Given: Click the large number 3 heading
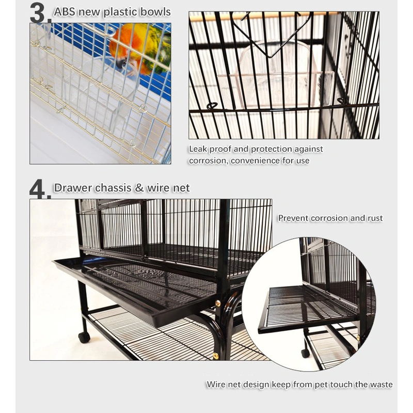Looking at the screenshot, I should pyautogui.click(x=40, y=13).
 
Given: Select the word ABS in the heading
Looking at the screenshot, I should pyautogui.click(x=65, y=11).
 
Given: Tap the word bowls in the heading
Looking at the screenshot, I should pyautogui.click(x=155, y=11).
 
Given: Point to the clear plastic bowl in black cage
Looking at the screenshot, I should pyautogui.click(x=274, y=77).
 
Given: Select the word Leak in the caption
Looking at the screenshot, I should pyautogui.click(x=198, y=149).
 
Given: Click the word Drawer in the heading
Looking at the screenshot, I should pyautogui.click(x=71, y=188).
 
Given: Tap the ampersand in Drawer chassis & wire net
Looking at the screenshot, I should pyautogui.click(x=139, y=188).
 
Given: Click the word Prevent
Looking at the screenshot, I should pyautogui.click(x=293, y=218).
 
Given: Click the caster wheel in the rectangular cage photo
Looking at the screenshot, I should pyautogui.click(x=84, y=337).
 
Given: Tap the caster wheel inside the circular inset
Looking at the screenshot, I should pyautogui.click(x=306, y=353).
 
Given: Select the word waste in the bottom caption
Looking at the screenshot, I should pyautogui.click(x=380, y=385).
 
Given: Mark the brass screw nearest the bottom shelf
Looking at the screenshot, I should pyautogui.click(x=216, y=356).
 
